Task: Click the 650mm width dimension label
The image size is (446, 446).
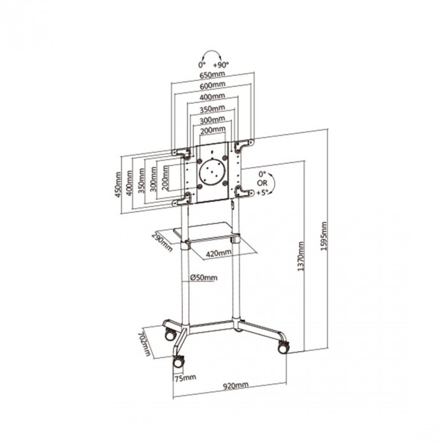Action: tap(212, 75)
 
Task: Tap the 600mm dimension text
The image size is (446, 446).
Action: tap(212, 85)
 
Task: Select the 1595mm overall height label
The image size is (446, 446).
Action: tap(324, 236)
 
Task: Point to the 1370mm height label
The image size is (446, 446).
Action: tap(301, 256)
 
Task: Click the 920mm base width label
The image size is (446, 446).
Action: tap(235, 386)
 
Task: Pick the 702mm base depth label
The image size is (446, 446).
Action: tap(144, 343)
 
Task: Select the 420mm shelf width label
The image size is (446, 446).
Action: tap(219, 253)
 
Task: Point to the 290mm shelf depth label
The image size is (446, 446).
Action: tap(162, 242)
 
